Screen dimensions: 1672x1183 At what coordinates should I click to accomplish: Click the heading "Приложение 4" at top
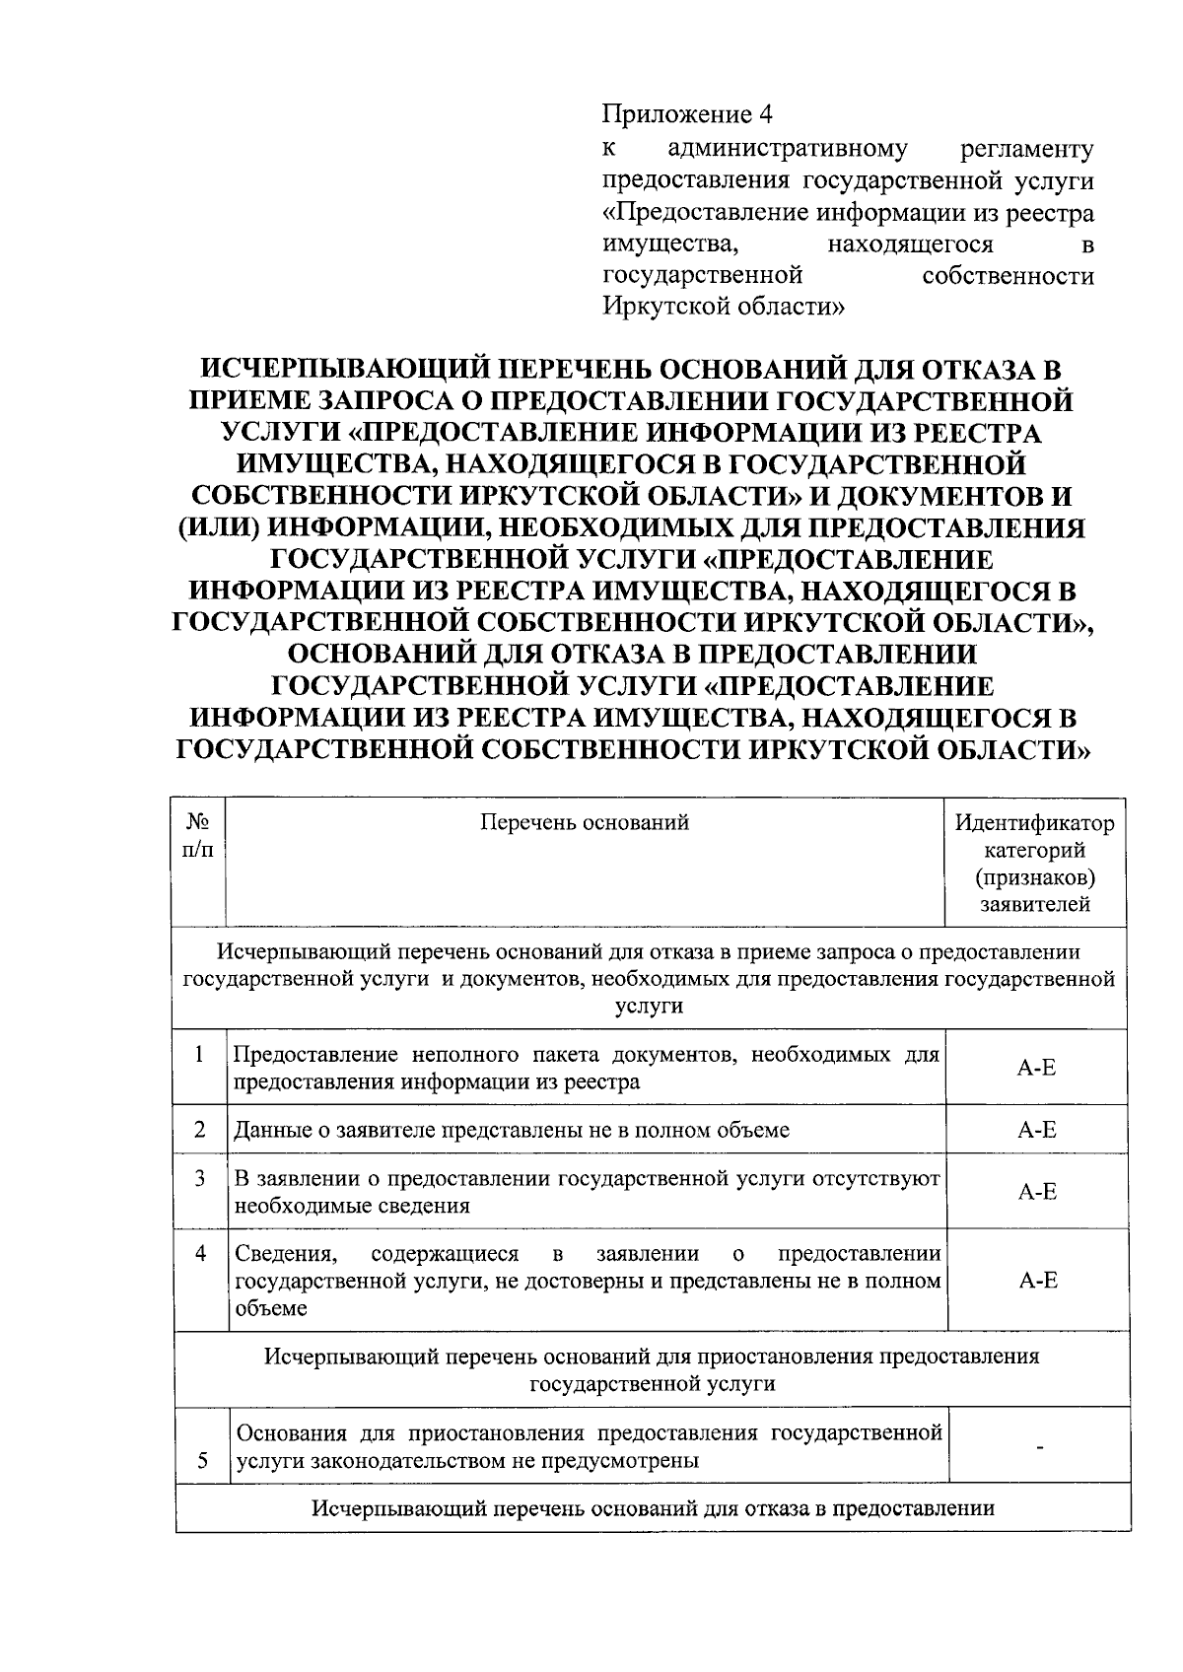[686, 115]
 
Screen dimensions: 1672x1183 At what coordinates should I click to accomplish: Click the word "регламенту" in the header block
[1026, 150]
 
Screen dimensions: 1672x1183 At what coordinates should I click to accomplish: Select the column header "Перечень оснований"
[585, 822]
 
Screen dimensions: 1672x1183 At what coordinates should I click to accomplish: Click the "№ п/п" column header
[200, 835]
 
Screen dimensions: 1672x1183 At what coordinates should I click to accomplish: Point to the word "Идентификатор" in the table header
[1035, 822]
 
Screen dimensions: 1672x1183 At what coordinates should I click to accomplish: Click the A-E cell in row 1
[1036, 1068]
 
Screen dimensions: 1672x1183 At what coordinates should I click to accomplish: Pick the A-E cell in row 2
[1036, 1130]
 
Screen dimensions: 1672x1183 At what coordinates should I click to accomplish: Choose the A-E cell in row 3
[1036, 1192]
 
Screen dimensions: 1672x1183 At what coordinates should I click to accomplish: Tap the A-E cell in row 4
[1036, 1281]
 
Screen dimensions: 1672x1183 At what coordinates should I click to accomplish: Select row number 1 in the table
[200, 1055]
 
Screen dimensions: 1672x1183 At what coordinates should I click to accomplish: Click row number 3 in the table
[200, 1178]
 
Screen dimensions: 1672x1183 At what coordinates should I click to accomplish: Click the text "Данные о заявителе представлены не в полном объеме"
[511, 1130]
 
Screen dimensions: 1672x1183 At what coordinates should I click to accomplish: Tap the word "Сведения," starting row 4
[286, 1254]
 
